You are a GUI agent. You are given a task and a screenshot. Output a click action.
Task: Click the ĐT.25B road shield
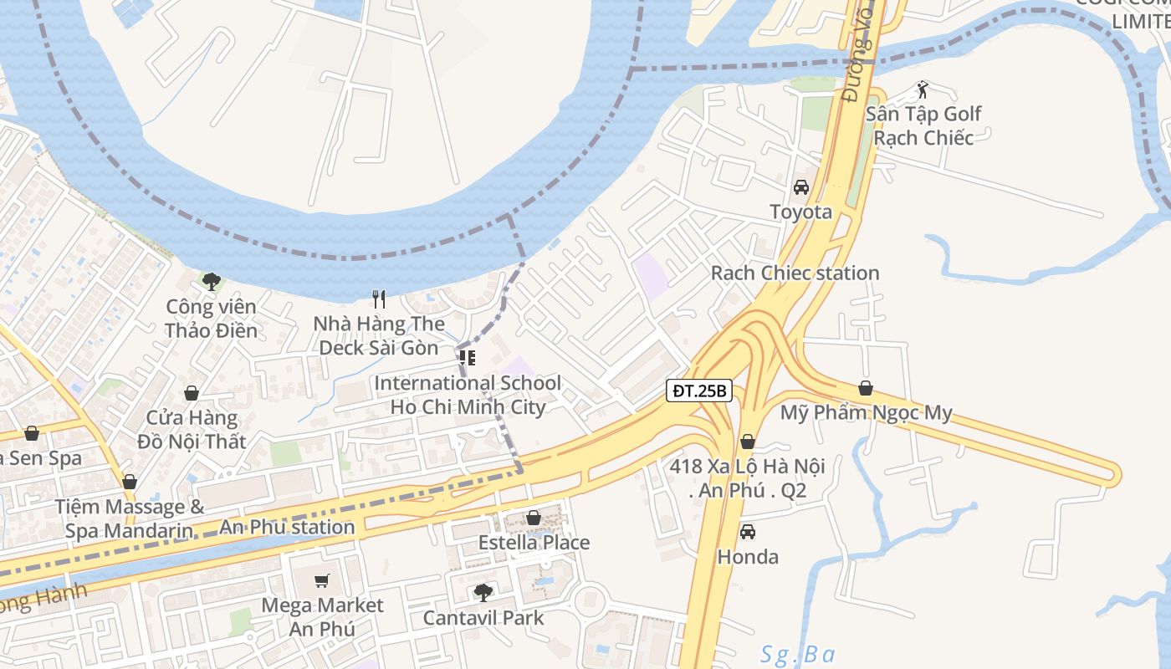(699, 391)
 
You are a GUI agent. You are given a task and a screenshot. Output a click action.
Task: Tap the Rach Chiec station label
(795, 273)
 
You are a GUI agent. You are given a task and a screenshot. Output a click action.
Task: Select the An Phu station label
(287, 528)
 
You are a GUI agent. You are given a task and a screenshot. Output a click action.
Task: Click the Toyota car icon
(801, 187)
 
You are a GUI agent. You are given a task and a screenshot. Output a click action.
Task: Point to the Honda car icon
(748, 532)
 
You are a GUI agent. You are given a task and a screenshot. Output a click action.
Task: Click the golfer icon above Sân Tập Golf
(923, 89)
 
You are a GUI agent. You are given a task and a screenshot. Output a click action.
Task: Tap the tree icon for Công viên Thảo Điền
(211, 282)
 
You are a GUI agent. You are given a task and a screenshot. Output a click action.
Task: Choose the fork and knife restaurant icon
(379, 299)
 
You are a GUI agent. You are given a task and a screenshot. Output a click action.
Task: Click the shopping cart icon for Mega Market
(322, 580)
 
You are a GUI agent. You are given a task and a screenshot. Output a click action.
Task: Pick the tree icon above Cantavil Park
(483, 593)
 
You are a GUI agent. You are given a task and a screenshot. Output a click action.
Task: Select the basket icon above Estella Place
(534, 518)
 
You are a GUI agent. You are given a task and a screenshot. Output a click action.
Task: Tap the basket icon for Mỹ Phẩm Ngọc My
(866, 389)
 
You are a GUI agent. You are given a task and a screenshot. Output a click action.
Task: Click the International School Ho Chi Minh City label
(468, 396)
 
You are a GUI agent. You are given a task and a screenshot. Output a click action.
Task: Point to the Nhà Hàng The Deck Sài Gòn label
(379, 335)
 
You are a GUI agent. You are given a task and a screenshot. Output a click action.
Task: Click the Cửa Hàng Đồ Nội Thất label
(192, 429)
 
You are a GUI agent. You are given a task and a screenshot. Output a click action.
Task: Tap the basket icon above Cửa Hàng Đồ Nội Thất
(192, 393)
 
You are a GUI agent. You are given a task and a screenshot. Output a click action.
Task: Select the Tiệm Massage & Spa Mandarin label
(130, 518)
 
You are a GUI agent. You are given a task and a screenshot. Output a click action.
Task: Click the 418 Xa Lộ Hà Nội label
(747, 478)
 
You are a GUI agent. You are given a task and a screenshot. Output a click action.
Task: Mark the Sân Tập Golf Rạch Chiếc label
(923, 125)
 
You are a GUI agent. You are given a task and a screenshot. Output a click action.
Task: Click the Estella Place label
(534, 543)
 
